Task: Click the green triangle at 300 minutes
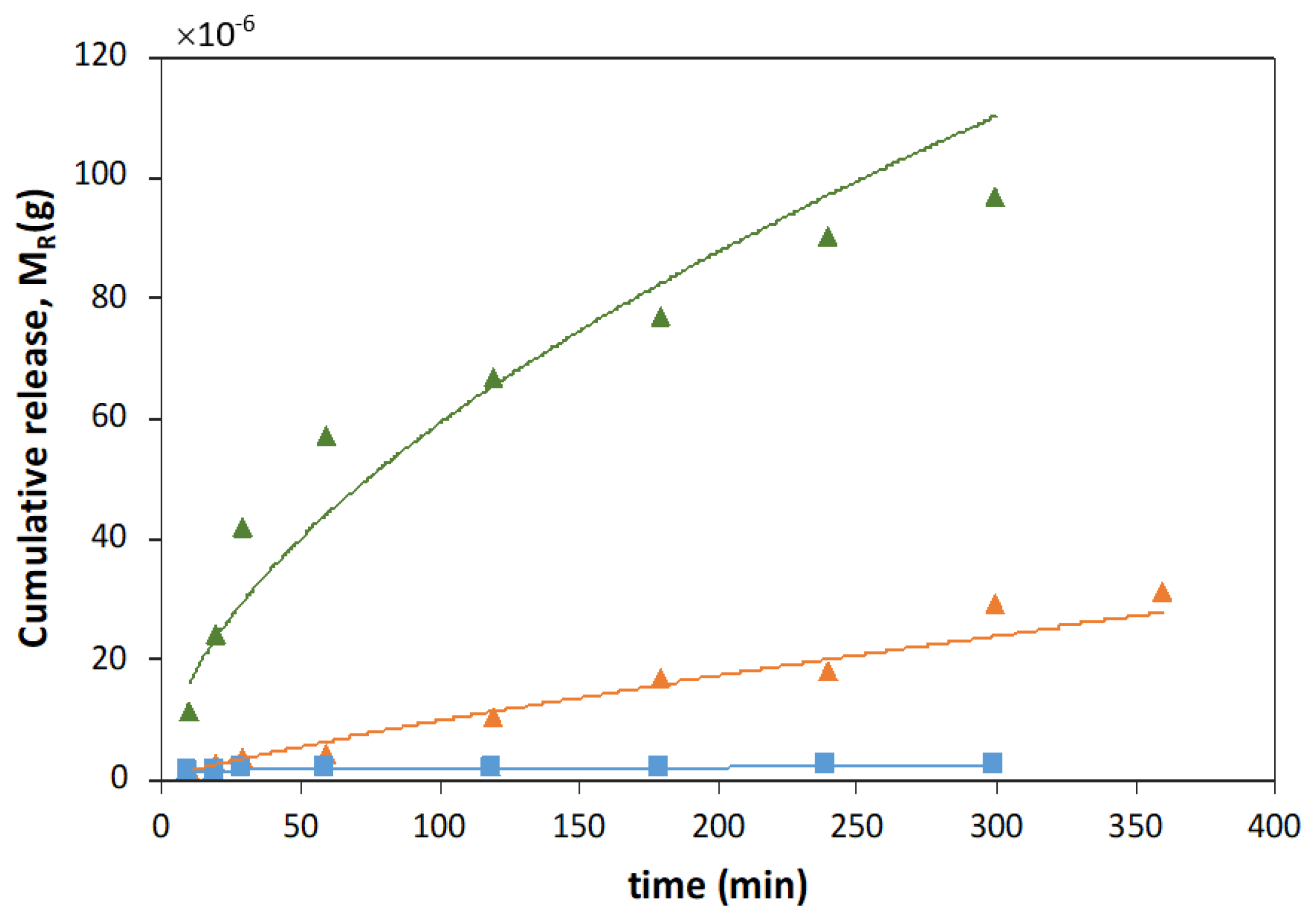click(995, 199)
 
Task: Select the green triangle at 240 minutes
click(827, 238)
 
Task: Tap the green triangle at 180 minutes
click(661, 318)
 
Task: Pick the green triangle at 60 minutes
click(326, 437)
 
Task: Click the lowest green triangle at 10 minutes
click(189, 713)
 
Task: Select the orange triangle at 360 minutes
click(1162, 593)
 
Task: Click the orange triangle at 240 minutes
click(827, 672)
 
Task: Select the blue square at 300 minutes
click(992, 763)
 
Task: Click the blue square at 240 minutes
click(824, 763)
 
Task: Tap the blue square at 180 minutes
click(658, 766)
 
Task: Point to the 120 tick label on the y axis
click(100, 56)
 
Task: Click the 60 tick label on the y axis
click(109, 417)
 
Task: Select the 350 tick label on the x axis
click(1135, 827)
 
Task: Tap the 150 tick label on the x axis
click(579, 827)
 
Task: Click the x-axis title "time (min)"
click(717, 885)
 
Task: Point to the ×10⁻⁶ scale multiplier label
click(215, 33)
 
